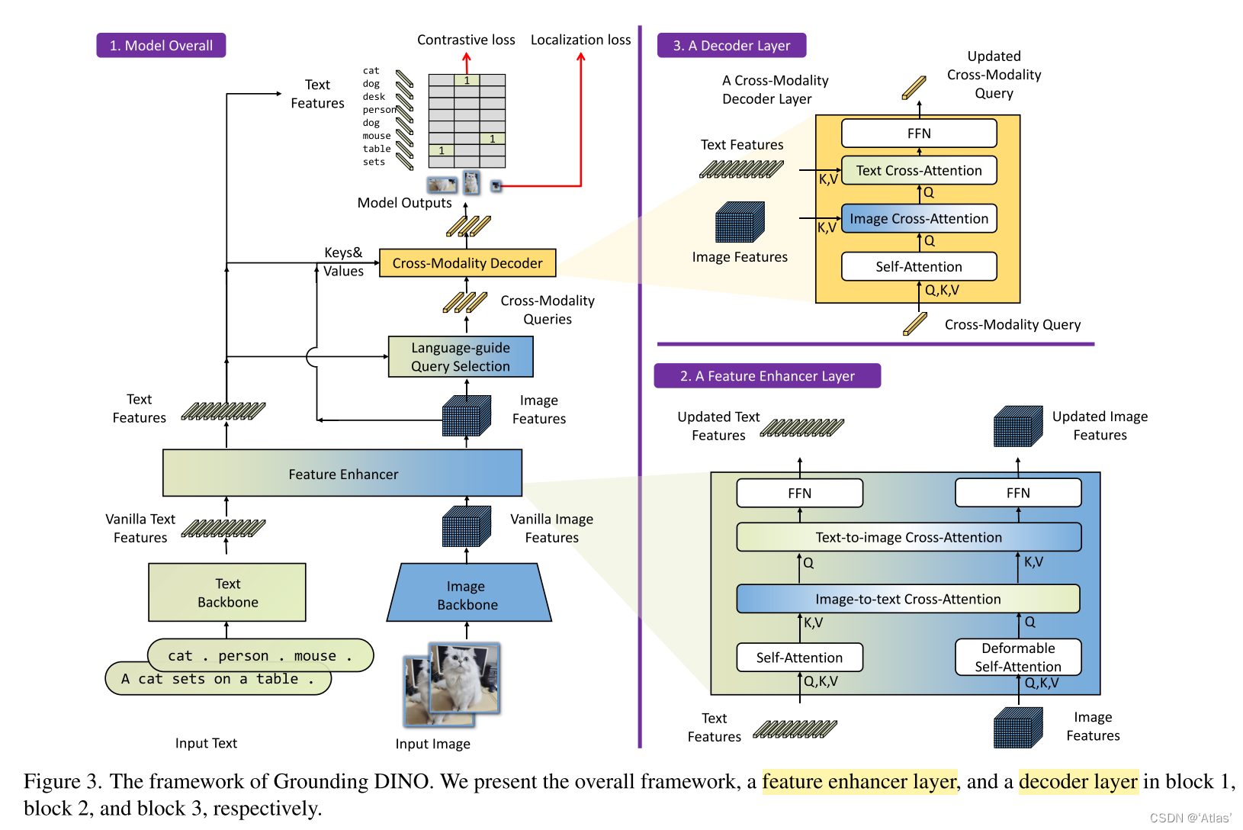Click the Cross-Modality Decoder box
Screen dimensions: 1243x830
[x=467, y=262]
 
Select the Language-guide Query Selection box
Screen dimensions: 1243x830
[x=461, y=356]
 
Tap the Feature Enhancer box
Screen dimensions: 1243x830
[x=342, y=473]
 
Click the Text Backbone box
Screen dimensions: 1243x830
[x=227, y=593]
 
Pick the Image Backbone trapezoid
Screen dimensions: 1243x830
[x=468, y=593]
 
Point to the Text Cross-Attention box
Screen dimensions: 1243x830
[x=919, y=170]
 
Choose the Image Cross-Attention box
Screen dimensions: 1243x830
[x=919, y=218]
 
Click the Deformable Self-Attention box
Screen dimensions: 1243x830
[x=1018, y=657]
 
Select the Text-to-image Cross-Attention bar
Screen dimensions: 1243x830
[x=909, y=537]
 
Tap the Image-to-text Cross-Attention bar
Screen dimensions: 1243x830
[x=908, y=599]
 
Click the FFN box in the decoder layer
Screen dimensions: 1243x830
[x=919, y=134]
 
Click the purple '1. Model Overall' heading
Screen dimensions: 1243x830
[x=161, y=45]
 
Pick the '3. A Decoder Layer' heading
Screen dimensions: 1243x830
[x=731, y=45]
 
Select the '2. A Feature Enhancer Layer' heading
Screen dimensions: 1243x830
[x=767, y=376]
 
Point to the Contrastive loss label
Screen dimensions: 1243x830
[x=466, y=40]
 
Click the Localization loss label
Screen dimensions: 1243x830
[x=580, y=40]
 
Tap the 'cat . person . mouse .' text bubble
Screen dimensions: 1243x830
[x=260, y=655]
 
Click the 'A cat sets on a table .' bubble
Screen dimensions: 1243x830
[x=218, y=678]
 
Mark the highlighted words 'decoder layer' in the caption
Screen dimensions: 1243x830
[x=1078, y=781]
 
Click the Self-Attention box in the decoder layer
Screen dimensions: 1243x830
[x=919, y=266]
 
